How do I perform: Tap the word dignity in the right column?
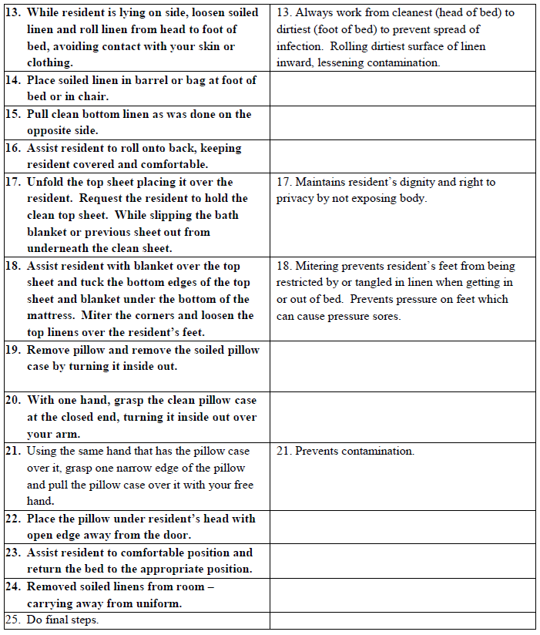point(416,183)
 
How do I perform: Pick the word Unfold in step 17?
point(46,183)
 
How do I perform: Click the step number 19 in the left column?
point(13,350)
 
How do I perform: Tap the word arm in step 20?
point(68,434)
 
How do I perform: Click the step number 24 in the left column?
point(13,586)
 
